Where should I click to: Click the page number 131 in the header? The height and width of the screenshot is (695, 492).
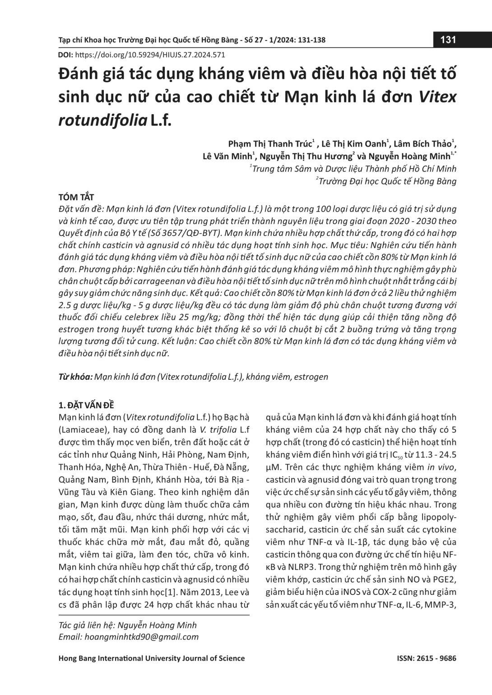[448, 40]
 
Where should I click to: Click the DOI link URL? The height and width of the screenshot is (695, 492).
[150, 55]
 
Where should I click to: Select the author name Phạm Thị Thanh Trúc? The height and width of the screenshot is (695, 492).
[270, 144]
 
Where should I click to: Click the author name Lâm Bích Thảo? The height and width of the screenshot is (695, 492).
[422, 144]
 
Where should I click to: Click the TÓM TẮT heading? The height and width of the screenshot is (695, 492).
[76, 197]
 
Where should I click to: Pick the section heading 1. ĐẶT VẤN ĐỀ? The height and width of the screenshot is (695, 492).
[87, 405]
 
